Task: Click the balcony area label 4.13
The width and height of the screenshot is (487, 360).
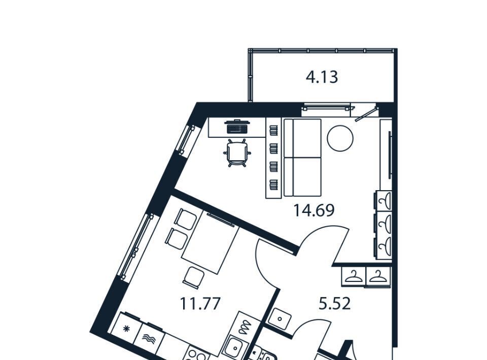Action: pyautogui.click(x=322, y=77)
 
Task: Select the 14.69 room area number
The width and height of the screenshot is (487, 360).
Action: pyautogui.click(x=314, y=210)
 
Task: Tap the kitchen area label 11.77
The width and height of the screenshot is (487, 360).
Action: pyautogui.click(x=200, y=303)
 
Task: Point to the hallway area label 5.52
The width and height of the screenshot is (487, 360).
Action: pyautogui.click(x=335, y=304)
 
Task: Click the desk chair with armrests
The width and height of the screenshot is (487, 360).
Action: pyautogui.click(x=237, y=153)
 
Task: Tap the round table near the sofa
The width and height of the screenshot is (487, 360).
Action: pyautogui.click(x=340, y=138)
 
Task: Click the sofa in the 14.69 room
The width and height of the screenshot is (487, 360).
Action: pyautogui.click(x=302, y=157)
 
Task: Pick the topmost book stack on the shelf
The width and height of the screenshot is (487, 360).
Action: pyautogui.click(x=273, y=130)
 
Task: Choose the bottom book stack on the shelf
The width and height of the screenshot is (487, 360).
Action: pyautogui.click(x=273, y=185)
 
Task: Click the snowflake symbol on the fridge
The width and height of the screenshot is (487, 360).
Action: pyautogui.click(x=126, y=329)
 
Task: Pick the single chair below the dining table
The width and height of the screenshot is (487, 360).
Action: pyautogui.click(x=193, y=276)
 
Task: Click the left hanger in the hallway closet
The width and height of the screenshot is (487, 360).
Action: pyautogui.click(x=354, y=276)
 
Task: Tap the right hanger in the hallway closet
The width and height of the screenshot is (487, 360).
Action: pyautogui.click(x=377, y=276)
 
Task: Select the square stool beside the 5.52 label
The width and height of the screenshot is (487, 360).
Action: pyautogui.click(x=280, y=318)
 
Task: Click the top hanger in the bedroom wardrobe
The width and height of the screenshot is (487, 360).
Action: pyautogui.click(x=385, y=201)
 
